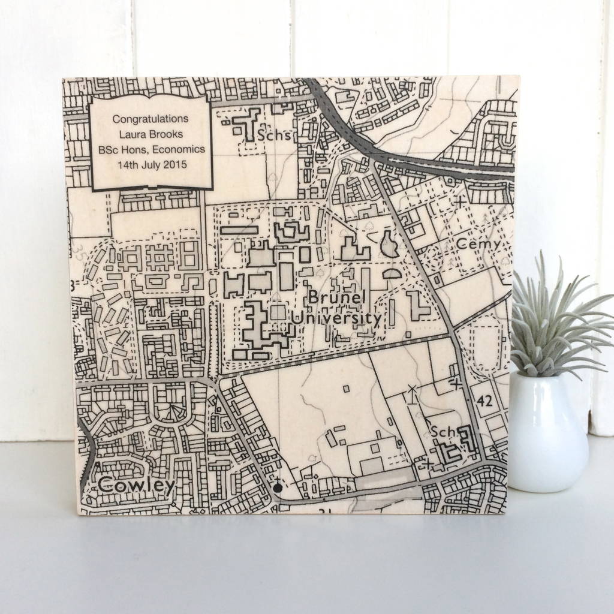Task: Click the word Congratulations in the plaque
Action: (151, 119)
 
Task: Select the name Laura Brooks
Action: (151, 134)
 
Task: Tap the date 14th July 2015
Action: (152, 164)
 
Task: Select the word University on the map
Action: (343, 318)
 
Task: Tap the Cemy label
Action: (478, 244)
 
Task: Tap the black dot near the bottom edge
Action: (277, 490)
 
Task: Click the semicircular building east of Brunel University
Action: (392, 274)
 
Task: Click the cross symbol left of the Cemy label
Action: (460, 202)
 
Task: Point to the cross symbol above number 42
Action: (458, 381)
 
